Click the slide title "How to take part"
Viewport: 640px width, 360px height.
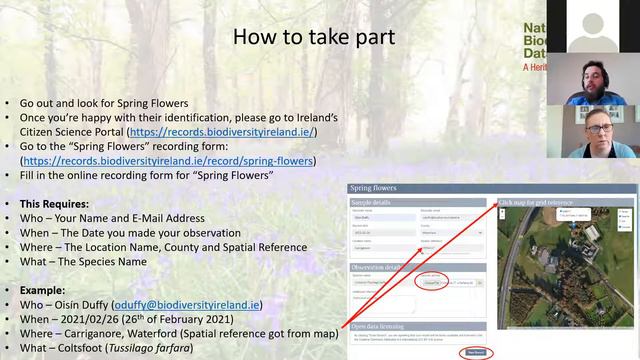(x=314, y=38)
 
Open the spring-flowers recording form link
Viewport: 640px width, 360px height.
(x=169, y=160)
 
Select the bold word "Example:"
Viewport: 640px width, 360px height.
(x=47, y=290)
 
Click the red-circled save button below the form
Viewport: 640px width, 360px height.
(x=477, y=352)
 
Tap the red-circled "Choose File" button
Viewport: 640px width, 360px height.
(x=431, y=283)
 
